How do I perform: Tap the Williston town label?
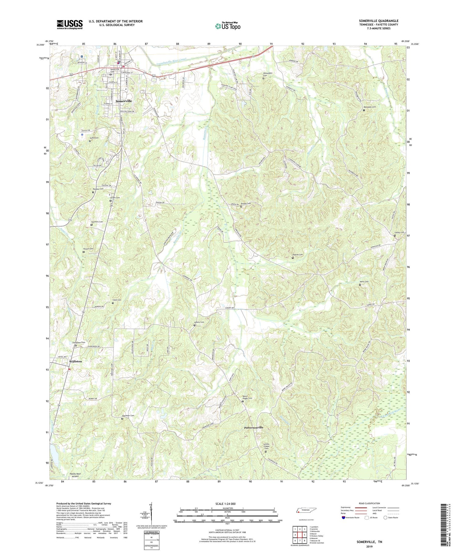coord(75,361)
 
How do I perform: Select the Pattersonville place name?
coord(253,428)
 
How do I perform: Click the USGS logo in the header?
coord(70,24)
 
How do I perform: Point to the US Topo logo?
coord(227,26)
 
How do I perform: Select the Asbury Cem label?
coord(199,322)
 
